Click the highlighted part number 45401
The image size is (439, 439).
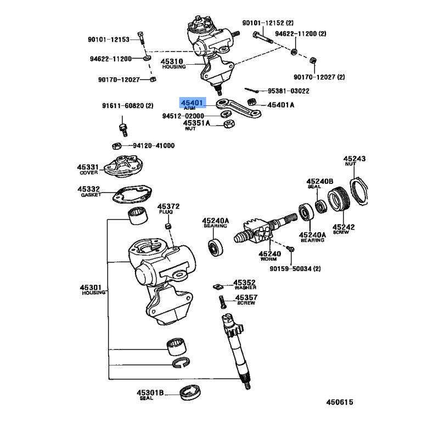192,103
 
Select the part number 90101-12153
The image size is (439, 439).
108,40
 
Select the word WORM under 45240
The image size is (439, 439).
269,260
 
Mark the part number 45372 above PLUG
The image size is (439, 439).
169,207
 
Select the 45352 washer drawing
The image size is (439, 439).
217,286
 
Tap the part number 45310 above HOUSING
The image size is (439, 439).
172,61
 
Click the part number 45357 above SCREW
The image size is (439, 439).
246,298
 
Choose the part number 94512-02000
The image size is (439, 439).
183,116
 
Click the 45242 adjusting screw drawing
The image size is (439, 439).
338,201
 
